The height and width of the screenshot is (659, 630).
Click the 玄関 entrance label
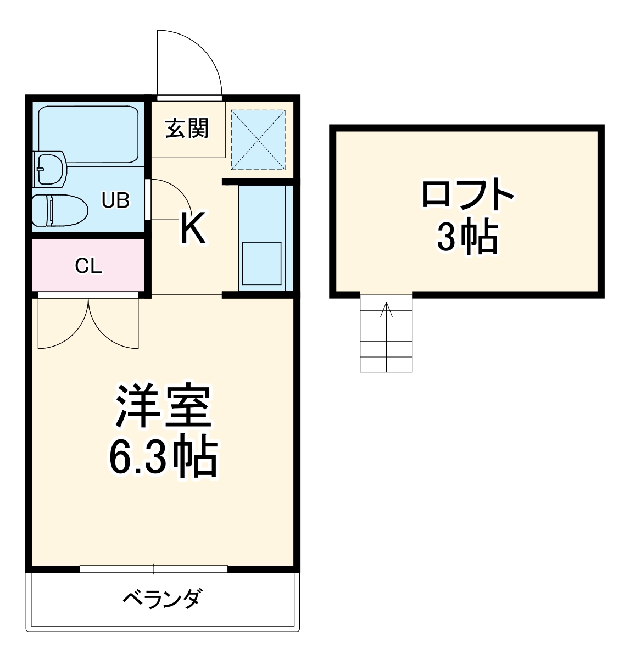187,129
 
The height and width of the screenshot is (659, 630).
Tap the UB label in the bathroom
115,201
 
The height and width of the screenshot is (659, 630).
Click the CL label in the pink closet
88,266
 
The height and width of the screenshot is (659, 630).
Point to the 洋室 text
163,407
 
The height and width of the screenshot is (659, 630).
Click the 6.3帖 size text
163,457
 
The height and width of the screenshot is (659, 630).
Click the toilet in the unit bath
59,210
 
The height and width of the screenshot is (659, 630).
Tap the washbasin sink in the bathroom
51,168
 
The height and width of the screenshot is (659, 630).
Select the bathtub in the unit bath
88,133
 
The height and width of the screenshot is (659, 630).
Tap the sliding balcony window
154,569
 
